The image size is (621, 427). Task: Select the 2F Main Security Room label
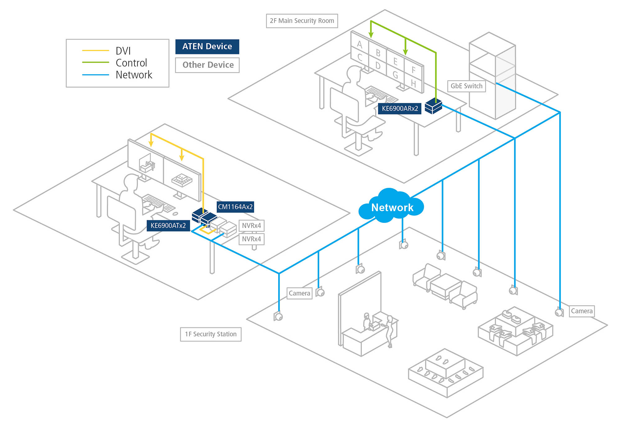[302, 21]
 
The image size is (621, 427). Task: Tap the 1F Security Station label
[211, 334]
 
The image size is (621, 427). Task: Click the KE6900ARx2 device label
[400, 109]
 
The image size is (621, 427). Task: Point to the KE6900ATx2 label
[168, 225]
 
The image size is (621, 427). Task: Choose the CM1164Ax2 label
[235, 207]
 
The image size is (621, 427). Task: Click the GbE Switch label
[466, 86]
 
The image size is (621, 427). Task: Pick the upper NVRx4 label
[251, 225]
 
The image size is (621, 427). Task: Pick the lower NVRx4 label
[251, 239]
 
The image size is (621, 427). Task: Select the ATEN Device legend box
[207, 47]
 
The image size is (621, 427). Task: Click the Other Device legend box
[207, 65]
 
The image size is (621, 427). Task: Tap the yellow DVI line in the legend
[95, 50]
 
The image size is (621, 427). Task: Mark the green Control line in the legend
[95, 62]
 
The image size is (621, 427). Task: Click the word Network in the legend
[134, 75]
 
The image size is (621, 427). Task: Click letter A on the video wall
[360, 44]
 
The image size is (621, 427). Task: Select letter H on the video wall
[413, 83]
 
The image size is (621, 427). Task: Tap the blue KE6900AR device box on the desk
[433, 106]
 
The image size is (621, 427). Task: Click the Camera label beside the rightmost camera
[582, 311]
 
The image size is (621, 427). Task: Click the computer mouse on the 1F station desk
[175, 214]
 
